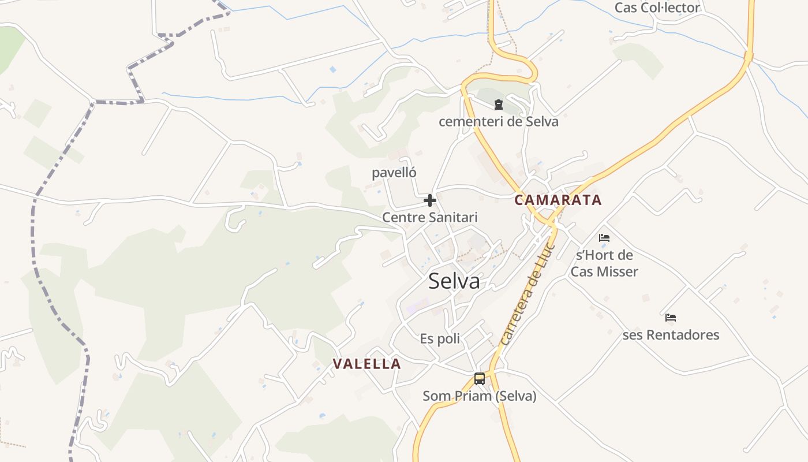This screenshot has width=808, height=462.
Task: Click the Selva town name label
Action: pos(454,281)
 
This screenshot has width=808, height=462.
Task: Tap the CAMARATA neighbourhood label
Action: pos(558,200)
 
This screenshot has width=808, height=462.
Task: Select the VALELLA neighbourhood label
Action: pos(367,364)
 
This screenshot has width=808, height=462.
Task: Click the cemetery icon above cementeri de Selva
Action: pos(498,105)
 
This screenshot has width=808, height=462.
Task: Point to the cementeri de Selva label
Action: pos(498,122)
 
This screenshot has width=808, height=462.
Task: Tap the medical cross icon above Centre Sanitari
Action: pos(430,200)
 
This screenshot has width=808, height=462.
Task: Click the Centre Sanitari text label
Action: pos(430,218)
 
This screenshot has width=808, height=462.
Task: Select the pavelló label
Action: pos(394,173)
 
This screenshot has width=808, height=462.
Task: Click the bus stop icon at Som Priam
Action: pos(480,379)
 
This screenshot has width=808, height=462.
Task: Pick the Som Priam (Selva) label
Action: pos(480,396)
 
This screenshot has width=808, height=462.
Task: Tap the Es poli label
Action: pos(440,338)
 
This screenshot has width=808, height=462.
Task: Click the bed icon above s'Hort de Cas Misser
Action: pos(604,237)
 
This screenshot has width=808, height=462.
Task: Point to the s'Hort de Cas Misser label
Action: pos(604,263)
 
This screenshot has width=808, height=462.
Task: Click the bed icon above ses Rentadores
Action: pos(671,318)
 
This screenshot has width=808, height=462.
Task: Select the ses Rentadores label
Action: pos(671,335)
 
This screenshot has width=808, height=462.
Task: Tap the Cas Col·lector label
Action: pos(657,8)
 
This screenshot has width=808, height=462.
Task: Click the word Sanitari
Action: pos(454,218)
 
